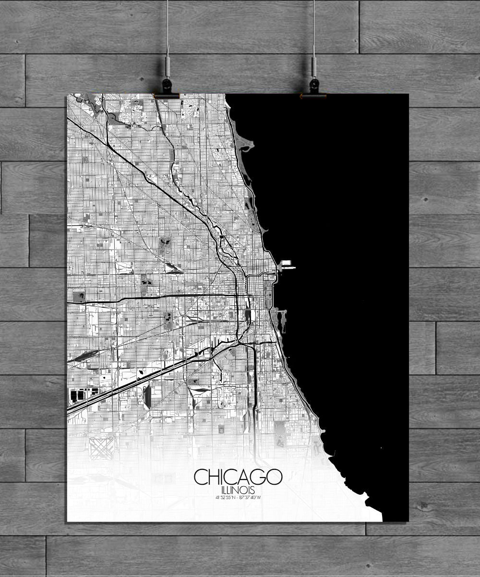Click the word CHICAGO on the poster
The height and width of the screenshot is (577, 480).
pyautogui.click(x=238, y=477)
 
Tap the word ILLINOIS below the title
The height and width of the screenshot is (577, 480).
pyautogui.click(x=238, y=489)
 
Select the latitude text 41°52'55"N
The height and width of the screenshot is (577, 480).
pyautogui.click(x=225, y=497)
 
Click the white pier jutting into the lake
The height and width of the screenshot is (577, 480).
pyautogui.click(x=287, y=263)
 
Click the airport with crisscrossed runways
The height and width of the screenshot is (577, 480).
pyautogui.click(x=102, y=447)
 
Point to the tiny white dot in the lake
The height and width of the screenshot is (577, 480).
pyautogui.click(x=381, y=449)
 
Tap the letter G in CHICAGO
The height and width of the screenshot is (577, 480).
pyautogui.click(x=260, y=477)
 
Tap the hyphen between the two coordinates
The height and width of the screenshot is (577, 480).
pyautogui.click(x=238, y=497)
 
